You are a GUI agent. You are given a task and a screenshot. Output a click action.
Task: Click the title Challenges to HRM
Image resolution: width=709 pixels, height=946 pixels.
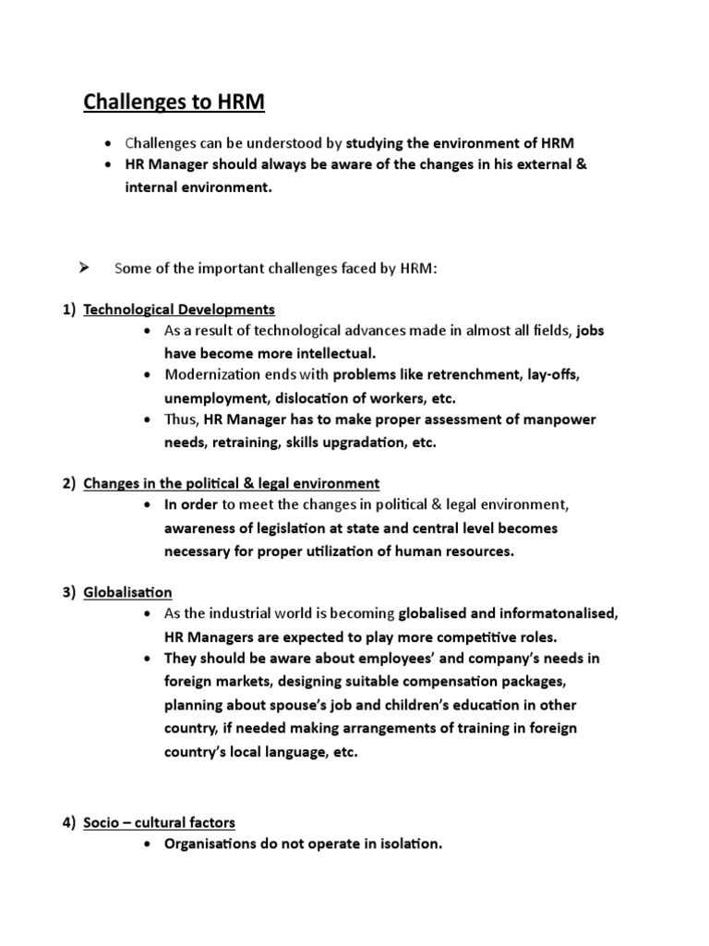(174, 102)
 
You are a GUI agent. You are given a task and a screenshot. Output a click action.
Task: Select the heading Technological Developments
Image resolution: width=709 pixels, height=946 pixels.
(179, 309)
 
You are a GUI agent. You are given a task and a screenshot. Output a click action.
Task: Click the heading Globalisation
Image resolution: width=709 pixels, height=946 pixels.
(127, 591)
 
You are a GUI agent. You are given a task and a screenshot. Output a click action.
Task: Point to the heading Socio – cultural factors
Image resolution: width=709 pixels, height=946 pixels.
(159, 821)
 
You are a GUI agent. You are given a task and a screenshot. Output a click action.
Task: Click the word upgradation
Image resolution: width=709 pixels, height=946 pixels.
(352, 443)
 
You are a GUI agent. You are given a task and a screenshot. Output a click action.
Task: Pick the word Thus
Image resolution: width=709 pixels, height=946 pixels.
(181, 420)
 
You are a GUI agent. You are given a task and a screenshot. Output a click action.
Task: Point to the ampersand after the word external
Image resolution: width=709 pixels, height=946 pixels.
(580, 164)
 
